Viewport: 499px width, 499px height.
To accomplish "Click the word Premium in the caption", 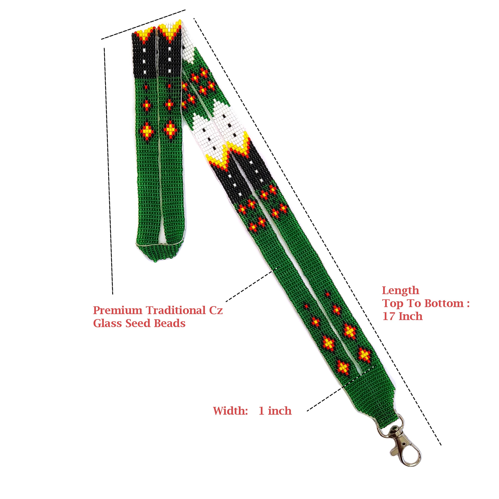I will tap(117, 310).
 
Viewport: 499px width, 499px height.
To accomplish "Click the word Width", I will tap(230, 411).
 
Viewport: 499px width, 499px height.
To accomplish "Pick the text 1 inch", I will tap(275, 411).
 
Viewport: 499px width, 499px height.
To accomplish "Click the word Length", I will tap(400, 291).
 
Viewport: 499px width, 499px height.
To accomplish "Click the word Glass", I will tap(108, 323).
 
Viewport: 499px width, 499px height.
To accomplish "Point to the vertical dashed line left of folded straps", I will tap(108, 171).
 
